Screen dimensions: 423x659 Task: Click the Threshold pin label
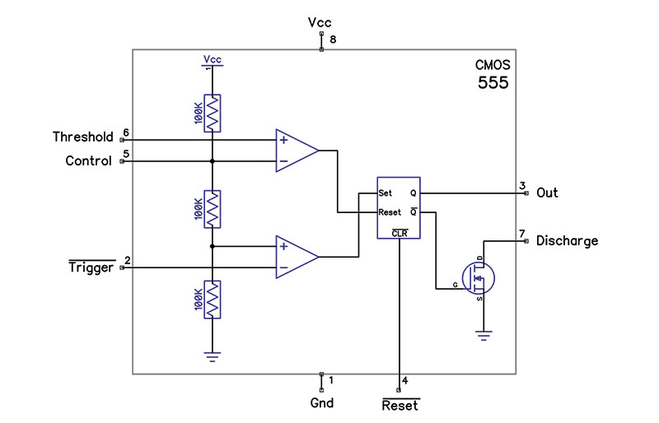click(x=82, y=137)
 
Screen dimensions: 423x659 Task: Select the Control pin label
click(x=88, y=161)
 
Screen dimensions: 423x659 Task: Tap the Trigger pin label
click(x=91, y=267)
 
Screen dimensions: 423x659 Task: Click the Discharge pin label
click(x=567, y=241)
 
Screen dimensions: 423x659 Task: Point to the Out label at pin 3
click(x=547, y=193)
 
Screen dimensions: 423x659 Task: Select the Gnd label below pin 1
click(x=321, y=403)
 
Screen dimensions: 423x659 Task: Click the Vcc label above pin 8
click(x=320, y=23)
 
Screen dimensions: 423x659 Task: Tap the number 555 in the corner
click(x=493, y=83)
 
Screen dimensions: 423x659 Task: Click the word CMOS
click(x=492, y=65)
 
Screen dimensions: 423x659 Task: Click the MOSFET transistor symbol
click(x=477, y=277)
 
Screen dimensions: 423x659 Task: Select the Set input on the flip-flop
click(x=385, y=193)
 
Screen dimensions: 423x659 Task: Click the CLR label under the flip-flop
click(x=400, y=232)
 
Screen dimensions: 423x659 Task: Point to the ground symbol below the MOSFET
click(x=483, y=334)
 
